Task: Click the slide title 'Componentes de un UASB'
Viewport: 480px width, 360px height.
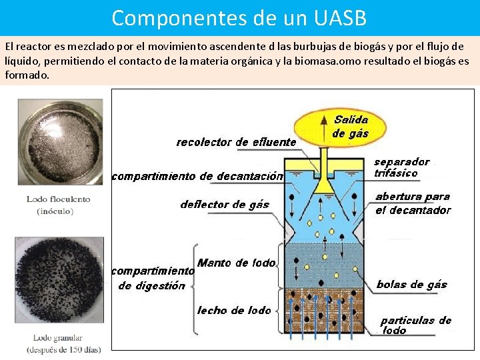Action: pyautogui.click(x=239, y=18)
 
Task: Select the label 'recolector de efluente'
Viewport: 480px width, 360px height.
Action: pyautogui.click(x=236, y=142)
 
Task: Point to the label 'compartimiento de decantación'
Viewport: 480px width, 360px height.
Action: pyautogui.click(x=197, y=177)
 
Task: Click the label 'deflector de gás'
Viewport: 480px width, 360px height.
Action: pyautogui.click(x=225, y=205)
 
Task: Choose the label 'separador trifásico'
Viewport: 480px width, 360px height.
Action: pyautogui.click(x=401, y=167)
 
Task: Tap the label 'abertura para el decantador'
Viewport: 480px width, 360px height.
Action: pyautogui.click(x=413, y=203)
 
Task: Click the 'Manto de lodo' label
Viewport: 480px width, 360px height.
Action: pyautogui.click(x=236, y=263)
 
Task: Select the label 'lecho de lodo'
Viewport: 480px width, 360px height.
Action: pyautogui.click(x=234, y=310)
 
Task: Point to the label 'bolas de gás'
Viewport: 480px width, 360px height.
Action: pyautogui.click(x=411, y=285)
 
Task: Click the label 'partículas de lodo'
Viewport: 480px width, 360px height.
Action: pyautogui.click(x=415, y=325)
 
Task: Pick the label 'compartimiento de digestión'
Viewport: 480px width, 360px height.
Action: pyautogui.click(x=153, y=279)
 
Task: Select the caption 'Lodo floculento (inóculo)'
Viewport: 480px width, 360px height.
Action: pyautogui.click(x=59, y=205)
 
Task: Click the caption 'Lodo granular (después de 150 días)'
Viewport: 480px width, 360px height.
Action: pyautogui.click(x=63, y=343)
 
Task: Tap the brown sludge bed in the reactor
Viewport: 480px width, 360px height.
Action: pyautogui.click(x=327, y=309)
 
